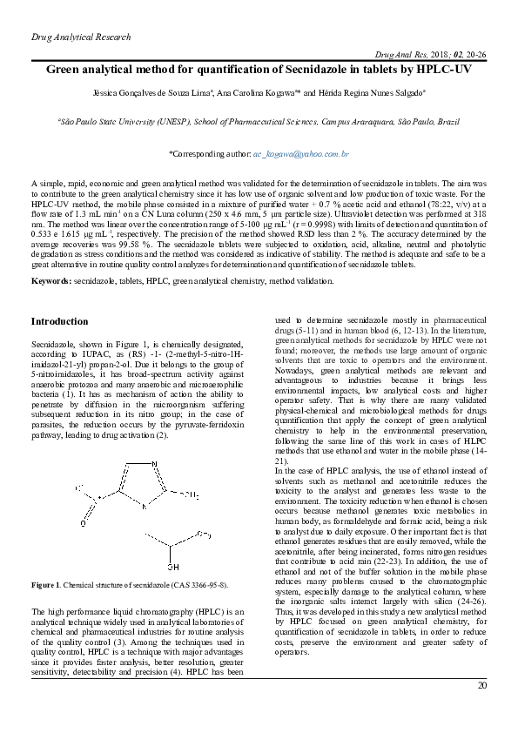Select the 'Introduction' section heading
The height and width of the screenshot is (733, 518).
pyautogui.click(x=59, y=321)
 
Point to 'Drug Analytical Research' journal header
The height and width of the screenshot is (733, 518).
pyautogui.click(x=80, y=37)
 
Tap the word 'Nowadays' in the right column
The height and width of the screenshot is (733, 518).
pyautogui.click(x=295, y=371)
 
